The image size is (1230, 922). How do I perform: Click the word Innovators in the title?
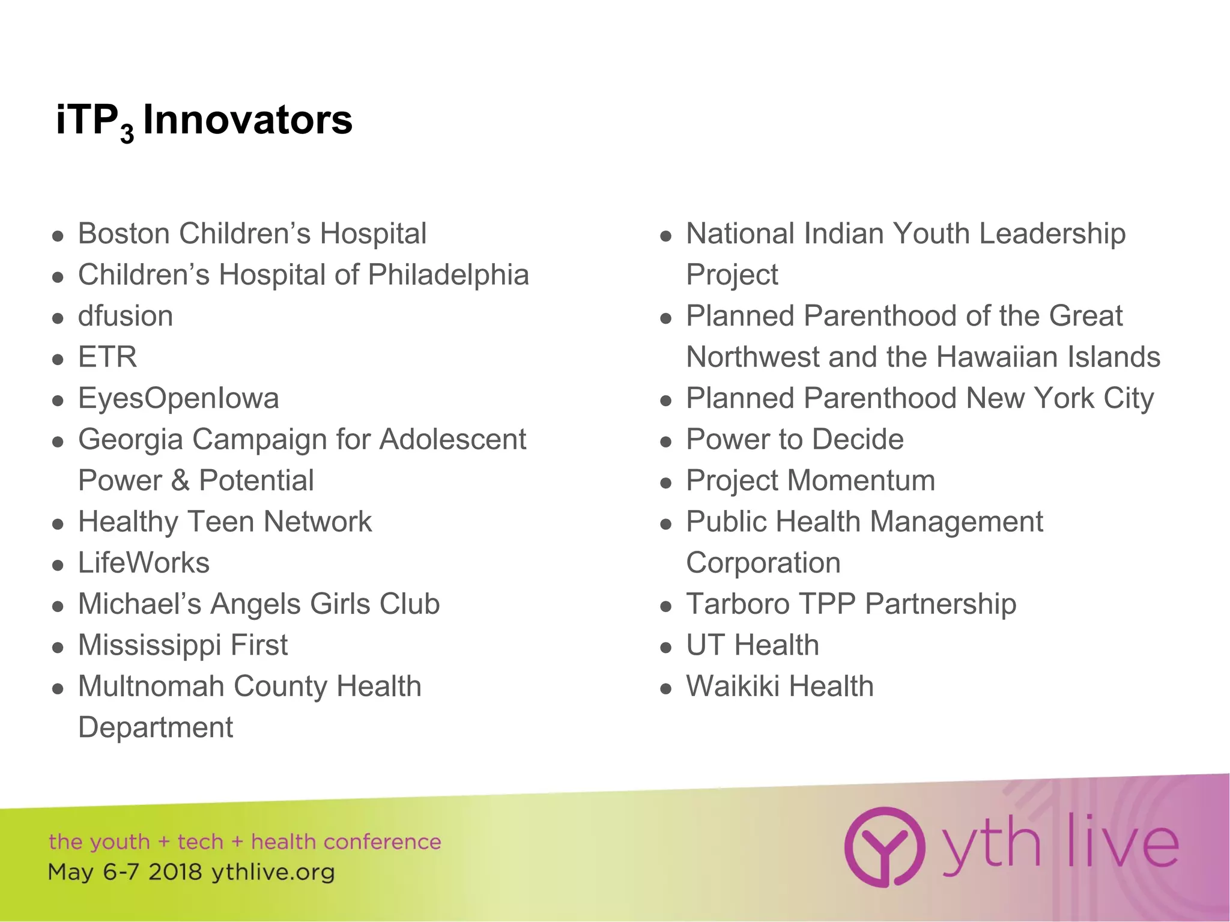point(247,120)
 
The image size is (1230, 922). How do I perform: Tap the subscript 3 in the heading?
point(127,133)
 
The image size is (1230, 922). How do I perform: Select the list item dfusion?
point(126,316)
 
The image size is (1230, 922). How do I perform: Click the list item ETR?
point(108,357)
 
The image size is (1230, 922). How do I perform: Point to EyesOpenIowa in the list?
point(178,398)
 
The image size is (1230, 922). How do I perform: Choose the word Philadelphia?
point(448,275)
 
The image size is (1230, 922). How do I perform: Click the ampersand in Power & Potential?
point(180,481)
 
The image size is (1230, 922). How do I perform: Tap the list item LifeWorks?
point(144,563)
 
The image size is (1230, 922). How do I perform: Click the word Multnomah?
point(151,687)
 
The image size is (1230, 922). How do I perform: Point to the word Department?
point(156,728)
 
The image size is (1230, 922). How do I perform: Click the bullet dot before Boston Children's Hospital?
point(58,236)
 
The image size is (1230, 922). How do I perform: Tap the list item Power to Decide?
point(795,440)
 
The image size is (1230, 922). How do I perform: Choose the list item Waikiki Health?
point(780,687)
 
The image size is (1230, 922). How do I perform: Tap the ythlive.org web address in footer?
point(273,872)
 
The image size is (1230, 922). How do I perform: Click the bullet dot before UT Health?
point(665,648)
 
